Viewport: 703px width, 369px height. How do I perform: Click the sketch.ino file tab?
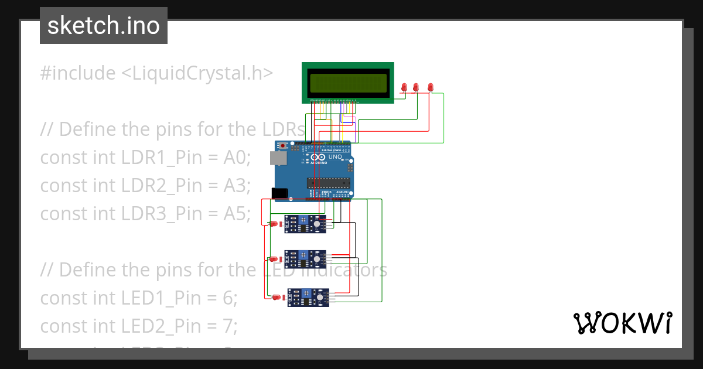click(x=104, y=26)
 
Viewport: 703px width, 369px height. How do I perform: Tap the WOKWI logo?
click(x=622, y=323)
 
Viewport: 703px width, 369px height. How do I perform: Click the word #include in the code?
click(x=78, y=73)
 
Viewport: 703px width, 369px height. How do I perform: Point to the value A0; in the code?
click(x=237, y=158)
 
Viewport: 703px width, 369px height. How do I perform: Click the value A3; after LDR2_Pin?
click(x=237, y=186)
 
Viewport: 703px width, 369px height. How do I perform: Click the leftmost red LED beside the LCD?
click(x=404, y=88)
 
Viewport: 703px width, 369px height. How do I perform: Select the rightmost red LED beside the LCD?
click(x=431, y=87)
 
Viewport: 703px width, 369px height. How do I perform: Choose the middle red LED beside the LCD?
click(x=416, y=87)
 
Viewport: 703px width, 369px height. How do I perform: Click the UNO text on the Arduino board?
click(x=334, y=157)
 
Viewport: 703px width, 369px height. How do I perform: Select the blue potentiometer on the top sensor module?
click(x=303, y=220)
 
